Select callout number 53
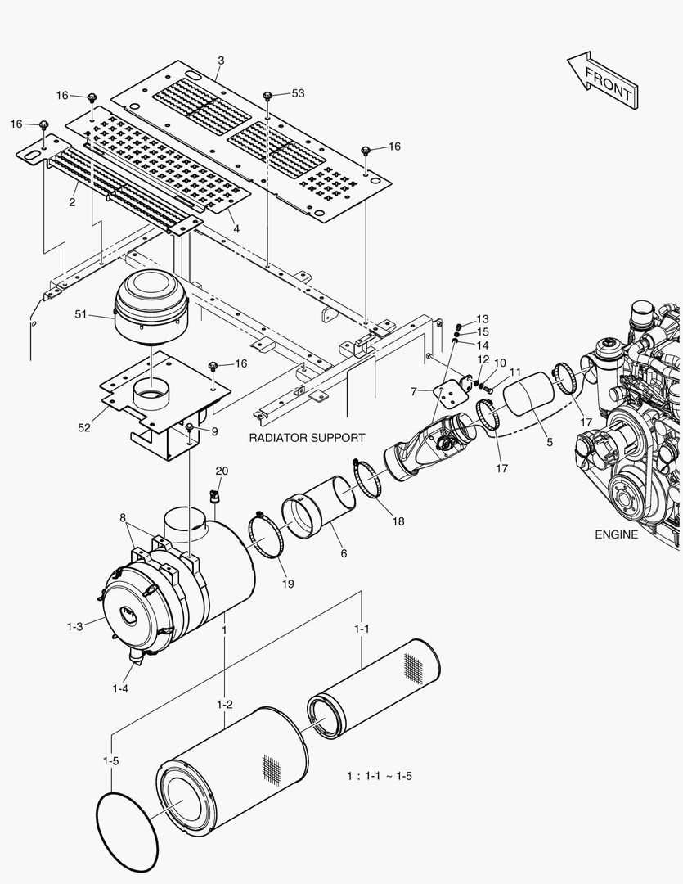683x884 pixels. click(x=297, y=94)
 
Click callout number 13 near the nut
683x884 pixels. click(x=482, y=318)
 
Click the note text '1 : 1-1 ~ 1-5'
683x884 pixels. click(x=379, y=776)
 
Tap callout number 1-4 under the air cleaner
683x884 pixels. click(x=120, y=688)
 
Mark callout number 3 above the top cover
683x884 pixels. click(x=221, y=61)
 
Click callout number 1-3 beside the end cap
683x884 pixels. click(x=74, y=626)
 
